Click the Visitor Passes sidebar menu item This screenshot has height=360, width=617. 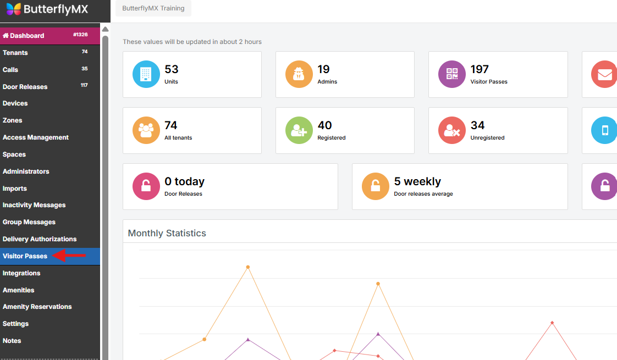tap(25, 256)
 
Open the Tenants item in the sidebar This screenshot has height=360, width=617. tap(15, 53)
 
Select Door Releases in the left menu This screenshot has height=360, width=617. tap(25, 87)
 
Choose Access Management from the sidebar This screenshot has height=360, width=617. tap(36, 137)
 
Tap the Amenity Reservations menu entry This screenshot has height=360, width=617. tap(37, 307)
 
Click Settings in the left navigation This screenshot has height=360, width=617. tap(15, 324)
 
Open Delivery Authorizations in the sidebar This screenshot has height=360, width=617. tap(40, 239)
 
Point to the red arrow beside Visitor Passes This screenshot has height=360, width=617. tap(69, 256)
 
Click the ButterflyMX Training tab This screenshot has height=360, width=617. tap(153, 8)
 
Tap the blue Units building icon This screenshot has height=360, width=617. tap(146, 74)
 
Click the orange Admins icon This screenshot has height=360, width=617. tap(299, 74)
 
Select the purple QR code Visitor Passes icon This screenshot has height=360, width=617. tap(452, 74)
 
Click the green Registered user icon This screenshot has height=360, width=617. tap(299, 130)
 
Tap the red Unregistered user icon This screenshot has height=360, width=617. tap(452, 130)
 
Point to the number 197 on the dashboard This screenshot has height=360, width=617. tap(480, 69)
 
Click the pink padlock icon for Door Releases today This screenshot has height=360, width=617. tap(146, 186)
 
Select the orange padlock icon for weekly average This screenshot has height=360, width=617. tap(376, 186)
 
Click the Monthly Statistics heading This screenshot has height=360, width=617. tap(167, 233)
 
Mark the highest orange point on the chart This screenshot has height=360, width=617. tap(248, 267)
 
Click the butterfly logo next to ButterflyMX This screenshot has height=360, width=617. tap(14, 9)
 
